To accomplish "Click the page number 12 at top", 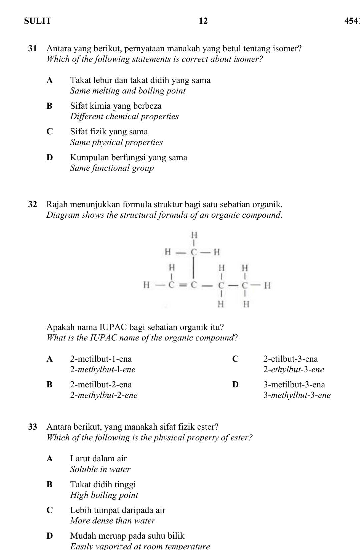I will [x=203, y=21].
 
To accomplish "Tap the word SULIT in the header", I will [x=38, y=21].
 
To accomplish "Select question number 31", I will [x=32, y=49].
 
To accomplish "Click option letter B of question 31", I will [x=50, y=106].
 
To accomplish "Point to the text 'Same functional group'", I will [x=112, y=168].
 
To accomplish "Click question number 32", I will [x=32, y=204].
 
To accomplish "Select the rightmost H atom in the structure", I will [x=267, y=286].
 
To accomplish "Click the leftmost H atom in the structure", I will [x=146, y=285].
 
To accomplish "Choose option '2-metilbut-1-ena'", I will [x=101, y=359].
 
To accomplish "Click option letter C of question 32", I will [x=235, y=359].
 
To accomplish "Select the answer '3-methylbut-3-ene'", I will [x=297, y=395].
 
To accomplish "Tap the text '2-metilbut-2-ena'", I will [x=101, y=385].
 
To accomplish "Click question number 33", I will [x=32, y=427].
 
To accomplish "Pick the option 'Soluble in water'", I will [x=100, y=469].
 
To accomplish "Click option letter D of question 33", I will [x=50, y=536].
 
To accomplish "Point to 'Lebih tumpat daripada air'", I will [x=118, y=510].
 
